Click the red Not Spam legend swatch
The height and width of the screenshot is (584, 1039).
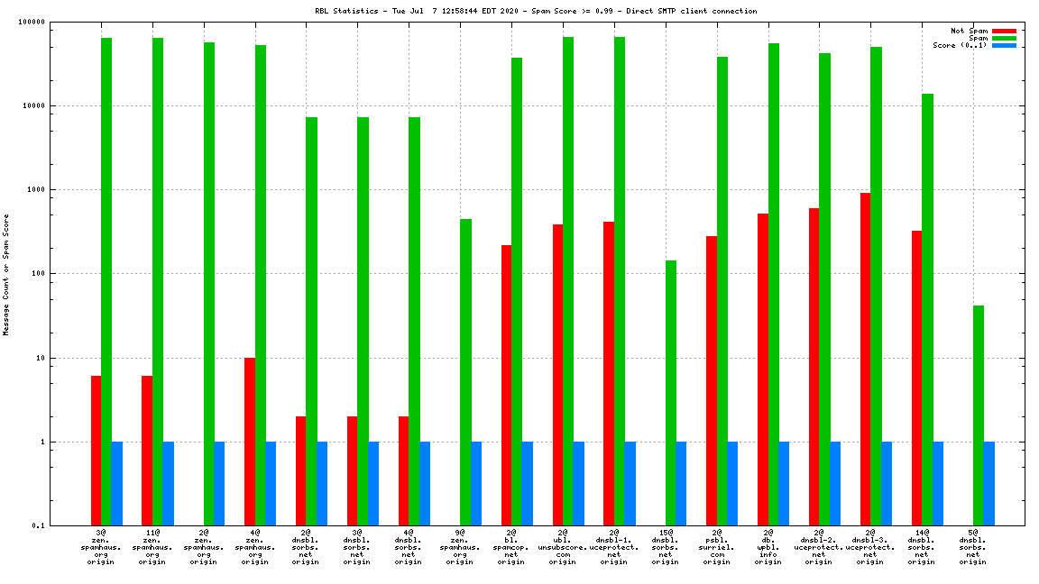pyautogui.click(x=1004, y=31)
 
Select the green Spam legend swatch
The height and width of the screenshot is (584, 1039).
pyautogui.click(x=1004, y=38)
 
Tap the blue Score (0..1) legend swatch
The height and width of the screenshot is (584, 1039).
pyautogui.click(x=1004, y=45)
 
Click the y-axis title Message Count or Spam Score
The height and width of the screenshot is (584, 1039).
pyautogui.click(x=6, y=275)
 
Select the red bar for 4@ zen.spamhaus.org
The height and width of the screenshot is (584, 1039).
pyautogui.click(x=250, y=442)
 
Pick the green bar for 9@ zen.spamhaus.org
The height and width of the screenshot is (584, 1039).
pyautogui.click(x=465, y=372)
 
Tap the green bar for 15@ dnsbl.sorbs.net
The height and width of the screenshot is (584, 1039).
pyautogui.click(x=670, y=393)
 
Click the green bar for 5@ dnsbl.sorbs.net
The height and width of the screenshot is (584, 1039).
pyautogui.click(x=979, y=415)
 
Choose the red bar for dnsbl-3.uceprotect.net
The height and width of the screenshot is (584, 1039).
pyautogui.click(x=865, y=359)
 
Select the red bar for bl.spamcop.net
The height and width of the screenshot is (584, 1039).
pyautogui.click(x=506, y=385)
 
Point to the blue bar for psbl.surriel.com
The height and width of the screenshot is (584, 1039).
pyautogui.click(x=732, y=483)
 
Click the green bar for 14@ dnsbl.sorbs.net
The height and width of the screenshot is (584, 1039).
pyautogui.click(x=927, y=309)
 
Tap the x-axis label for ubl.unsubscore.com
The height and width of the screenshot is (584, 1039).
pyautogui.click(x=563, y=547)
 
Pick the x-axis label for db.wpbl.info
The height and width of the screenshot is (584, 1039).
pyautogui.click(x=768, y=547)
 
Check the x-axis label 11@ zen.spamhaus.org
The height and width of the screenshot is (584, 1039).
pyautogui.click(x=152, y=547)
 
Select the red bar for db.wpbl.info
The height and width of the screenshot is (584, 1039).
pyautogui.click(x=763, y=370)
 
